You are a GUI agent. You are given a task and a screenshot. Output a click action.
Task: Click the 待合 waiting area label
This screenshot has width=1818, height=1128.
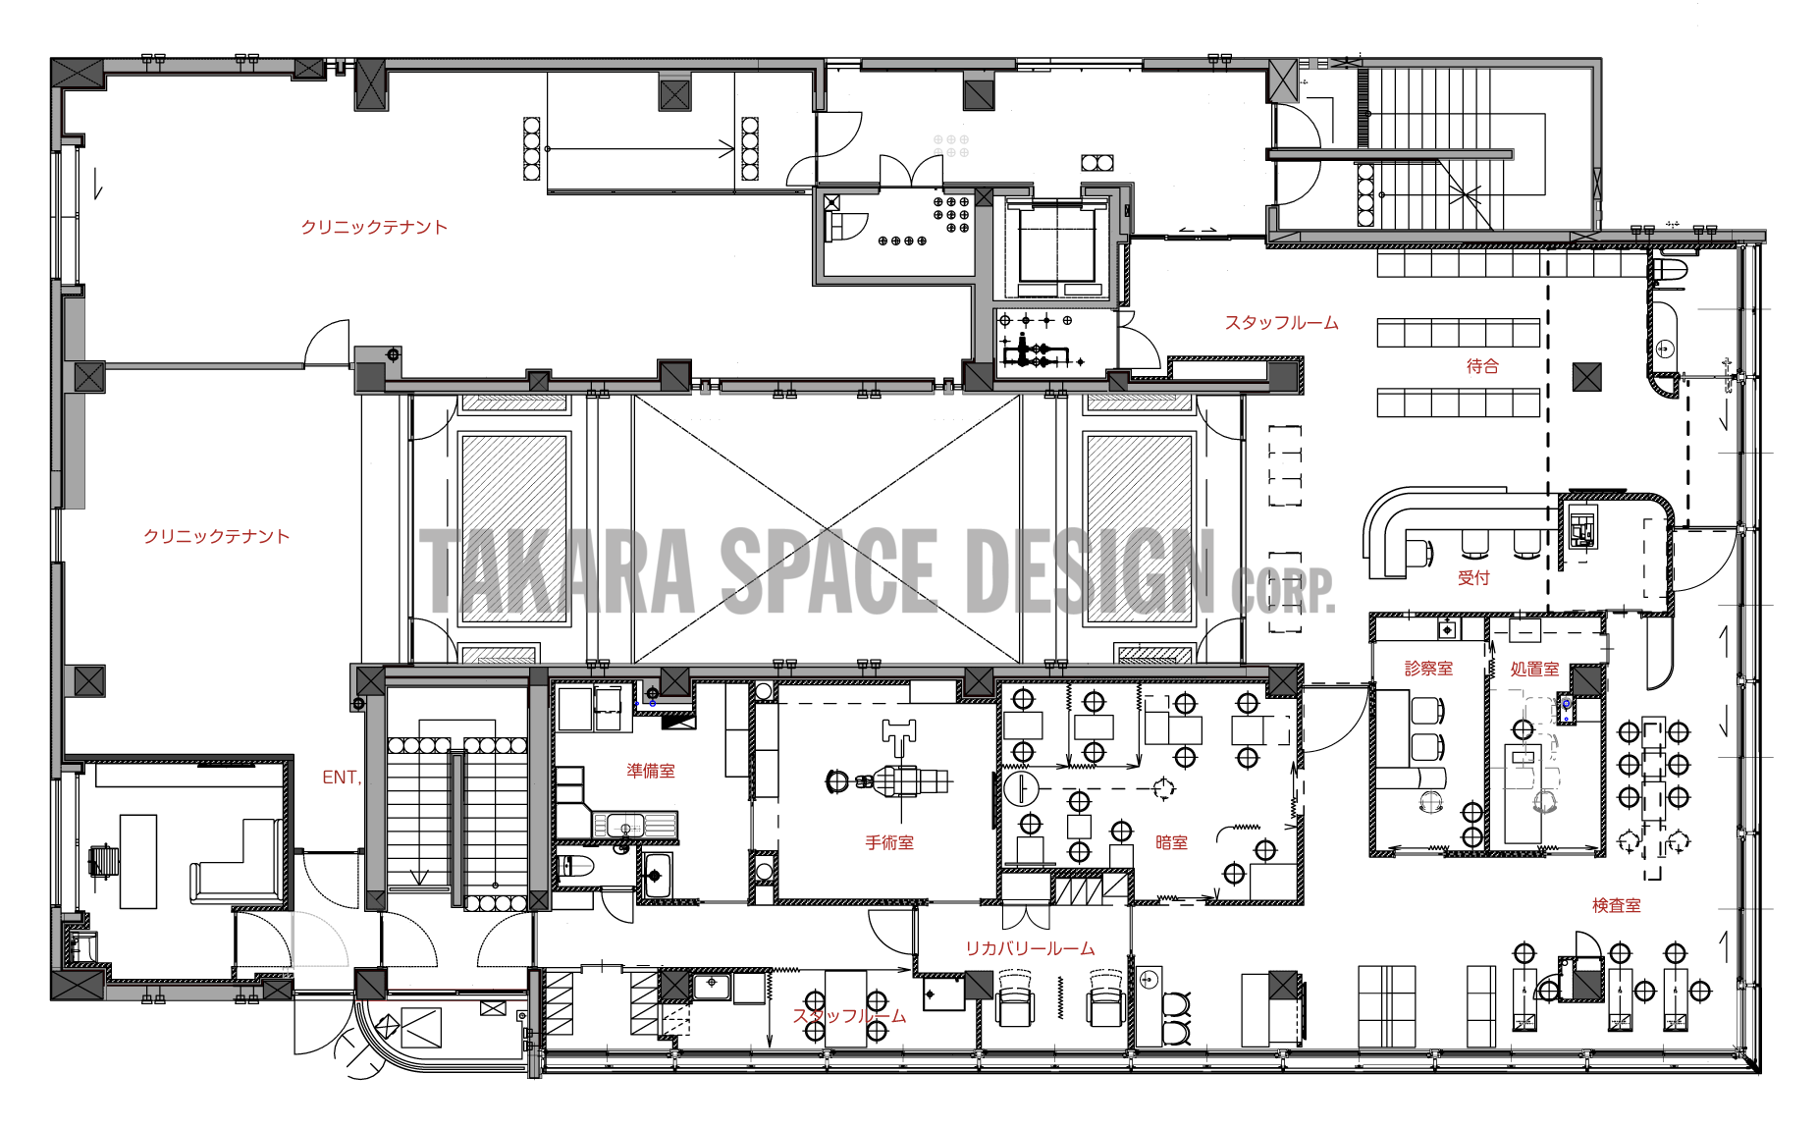click(1482, 366)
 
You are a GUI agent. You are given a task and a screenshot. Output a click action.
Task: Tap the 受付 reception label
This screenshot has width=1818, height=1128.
click(1473, 578)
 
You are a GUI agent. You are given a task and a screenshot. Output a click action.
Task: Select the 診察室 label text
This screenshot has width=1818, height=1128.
click(1428, 669)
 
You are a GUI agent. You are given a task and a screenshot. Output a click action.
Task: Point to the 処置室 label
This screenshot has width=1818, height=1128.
click(1534, 670)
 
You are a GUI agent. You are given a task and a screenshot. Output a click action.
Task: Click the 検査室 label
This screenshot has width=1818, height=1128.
click(1616, 905)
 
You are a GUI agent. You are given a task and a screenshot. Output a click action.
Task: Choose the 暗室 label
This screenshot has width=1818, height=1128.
click(1171, 842)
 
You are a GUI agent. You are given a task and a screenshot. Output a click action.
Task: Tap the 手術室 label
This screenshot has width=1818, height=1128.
click(889, 842)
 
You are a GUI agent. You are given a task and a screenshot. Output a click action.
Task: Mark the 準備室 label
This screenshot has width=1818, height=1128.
click(651, 771)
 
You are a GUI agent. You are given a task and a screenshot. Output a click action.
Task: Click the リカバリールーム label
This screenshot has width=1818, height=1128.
click(1030, 948)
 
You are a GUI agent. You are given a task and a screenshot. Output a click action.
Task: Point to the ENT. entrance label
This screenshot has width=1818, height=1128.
click(342, 778)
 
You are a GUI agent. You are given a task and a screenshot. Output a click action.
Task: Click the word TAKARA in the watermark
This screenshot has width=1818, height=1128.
click(558, 571)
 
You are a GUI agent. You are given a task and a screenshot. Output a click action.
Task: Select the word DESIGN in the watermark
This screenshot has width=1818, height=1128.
click(1091, 571)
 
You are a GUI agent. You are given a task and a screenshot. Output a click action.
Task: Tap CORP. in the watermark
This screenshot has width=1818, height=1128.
click(1283, 589)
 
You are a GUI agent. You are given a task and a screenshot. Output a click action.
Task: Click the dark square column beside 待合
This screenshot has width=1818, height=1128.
click(1587, 377)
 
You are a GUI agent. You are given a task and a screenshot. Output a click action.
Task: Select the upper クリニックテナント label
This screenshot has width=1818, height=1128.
click(374, 227)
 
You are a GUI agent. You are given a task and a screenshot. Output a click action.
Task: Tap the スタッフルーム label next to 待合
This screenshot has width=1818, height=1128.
click(1281, 322)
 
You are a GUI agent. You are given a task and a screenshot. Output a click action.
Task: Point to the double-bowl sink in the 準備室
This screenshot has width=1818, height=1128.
click(634, 826)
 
